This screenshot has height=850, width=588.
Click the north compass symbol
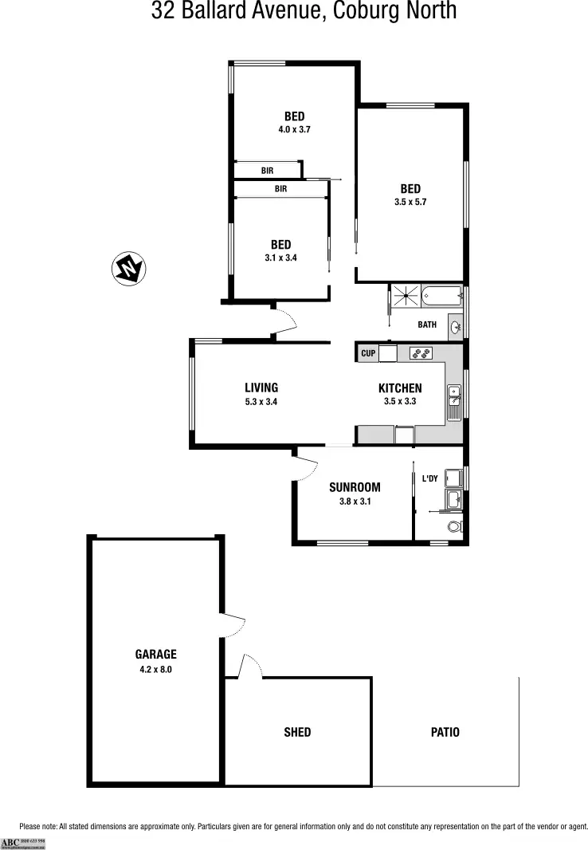pyautogui.click(x=127, y=269)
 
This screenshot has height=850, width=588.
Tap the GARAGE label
pyautogui.click(x=155, y=655)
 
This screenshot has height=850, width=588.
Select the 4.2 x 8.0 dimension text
pyautogui.click(x=155, y=670)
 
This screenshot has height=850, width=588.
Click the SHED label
pyautogui.click(x=297, y=732)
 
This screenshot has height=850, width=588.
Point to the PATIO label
pyautogui.click(x=445, y=732)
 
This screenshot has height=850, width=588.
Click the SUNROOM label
pyautogui.click(x=355, y=487)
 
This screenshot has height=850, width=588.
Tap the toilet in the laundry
pyautogui.click(x=456, y=527)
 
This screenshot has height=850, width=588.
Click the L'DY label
pyautogui.click(x=429, y=478)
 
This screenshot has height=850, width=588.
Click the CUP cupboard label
pyautogui.click(x=367, y=353)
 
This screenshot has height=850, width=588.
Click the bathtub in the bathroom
pyautogui.click(x=441, y=296)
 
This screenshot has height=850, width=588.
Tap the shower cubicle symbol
pyautogui.click(x=406, y=295)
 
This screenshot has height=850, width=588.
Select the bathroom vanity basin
pyautogui.click(x=456, y=325)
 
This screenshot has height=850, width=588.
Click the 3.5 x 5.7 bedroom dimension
pyautogui.click(x=410, y=203)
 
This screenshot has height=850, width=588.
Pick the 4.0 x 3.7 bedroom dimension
pyautogui.click(x=294, y=129)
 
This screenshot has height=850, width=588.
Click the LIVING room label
pyautogui.click(x=261, y=388)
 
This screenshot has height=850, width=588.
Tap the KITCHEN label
pyautogui.click(x=400, y=388)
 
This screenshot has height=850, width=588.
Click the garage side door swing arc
pyautogui.click(x=233, y=627)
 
